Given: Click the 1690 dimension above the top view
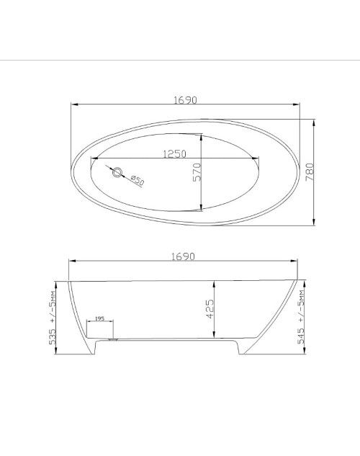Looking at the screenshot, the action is [x=185, y=100].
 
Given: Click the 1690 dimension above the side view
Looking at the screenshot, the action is [x=183, y=256].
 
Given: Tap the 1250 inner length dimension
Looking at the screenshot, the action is [x=174, y=154].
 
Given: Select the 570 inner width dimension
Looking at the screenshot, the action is [x=197, y=172].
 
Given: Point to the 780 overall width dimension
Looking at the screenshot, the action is [x=310, y=172].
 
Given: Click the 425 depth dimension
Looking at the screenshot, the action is [x=210, y=309].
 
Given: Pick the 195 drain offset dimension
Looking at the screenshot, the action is [x=99, y=318].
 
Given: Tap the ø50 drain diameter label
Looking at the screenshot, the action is [x=137, y=181].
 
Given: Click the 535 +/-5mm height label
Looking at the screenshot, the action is [x=53, y=318].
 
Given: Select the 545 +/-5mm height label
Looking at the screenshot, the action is [x=301, y=317].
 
